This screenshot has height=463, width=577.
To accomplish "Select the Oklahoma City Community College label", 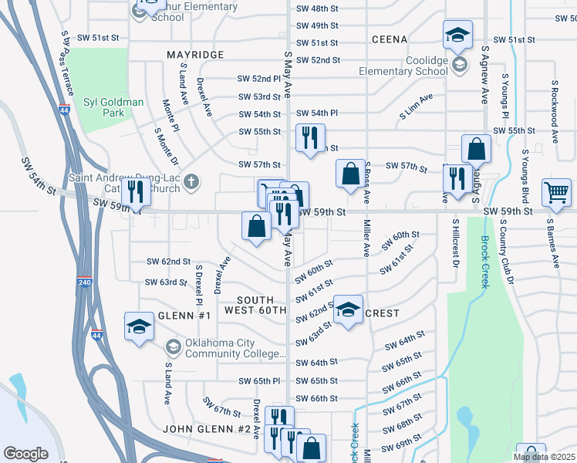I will click(236, 349).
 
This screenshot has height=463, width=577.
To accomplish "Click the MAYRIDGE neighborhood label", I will click(195, 55).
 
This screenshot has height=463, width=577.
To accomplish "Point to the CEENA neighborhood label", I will click(388, 39).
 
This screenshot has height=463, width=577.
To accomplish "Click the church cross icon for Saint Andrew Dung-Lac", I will click(191, 183).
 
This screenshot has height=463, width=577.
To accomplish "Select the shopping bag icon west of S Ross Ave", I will click(350, 173).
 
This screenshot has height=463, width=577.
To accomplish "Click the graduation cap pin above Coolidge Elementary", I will click(458, 35).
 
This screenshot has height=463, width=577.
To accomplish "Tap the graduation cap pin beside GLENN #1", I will click(140, 326).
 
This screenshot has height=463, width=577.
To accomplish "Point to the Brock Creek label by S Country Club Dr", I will click(484, 262).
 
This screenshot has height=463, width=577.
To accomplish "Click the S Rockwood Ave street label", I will click(555, 103).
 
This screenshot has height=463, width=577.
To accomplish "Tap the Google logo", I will click(26, 454).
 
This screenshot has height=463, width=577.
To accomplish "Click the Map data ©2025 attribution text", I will click(543, 457).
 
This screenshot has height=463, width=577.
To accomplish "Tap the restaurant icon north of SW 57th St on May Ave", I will click(310, 138).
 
